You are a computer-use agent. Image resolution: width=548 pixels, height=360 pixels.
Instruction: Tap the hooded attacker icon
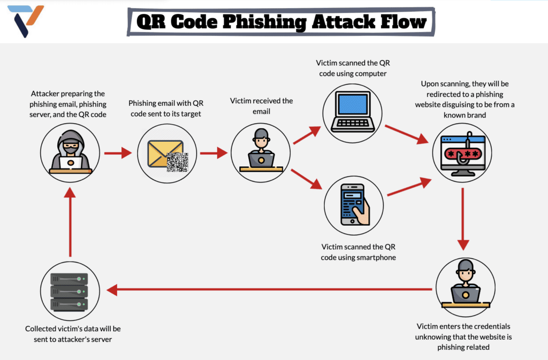(70, 152)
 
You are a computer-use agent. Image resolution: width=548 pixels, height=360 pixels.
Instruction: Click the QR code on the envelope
(177, 162)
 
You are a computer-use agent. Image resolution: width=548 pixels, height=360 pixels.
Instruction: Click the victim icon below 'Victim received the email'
(261, 152)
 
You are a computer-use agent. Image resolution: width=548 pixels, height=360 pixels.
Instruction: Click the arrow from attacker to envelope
(118, 153)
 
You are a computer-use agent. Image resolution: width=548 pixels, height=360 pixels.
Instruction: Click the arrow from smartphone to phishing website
(409, 187)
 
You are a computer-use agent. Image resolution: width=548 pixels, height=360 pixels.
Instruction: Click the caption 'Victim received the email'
(261, 106)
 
